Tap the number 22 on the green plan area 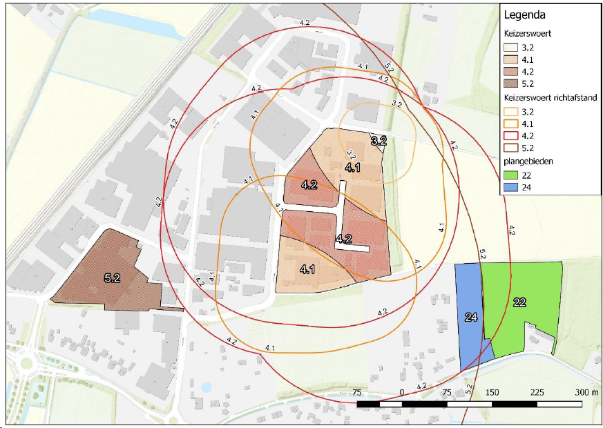(520, 302)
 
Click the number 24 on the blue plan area (471, 318)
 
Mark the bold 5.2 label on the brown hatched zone (112, 278)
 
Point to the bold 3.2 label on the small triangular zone (379, 142)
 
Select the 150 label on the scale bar (491, 392)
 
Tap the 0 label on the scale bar (401, 392)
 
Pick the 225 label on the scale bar (536, 392)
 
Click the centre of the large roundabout (26, 362)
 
